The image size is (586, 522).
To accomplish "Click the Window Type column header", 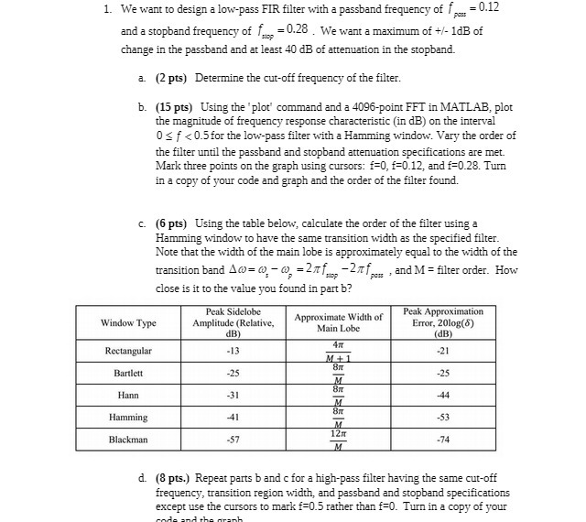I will (128, 323).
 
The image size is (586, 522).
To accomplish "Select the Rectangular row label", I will (128, 351).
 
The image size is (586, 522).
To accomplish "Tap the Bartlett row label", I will (128, 373).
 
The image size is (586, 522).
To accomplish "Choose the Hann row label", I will (128, 395).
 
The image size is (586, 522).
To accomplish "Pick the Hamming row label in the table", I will (128, 417).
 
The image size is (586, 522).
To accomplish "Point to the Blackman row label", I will (128, 440).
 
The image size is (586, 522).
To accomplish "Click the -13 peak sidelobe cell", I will (233, 351).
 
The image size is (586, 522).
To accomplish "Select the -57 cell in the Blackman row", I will (233, 440).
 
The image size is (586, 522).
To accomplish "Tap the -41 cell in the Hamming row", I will (233, 417).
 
